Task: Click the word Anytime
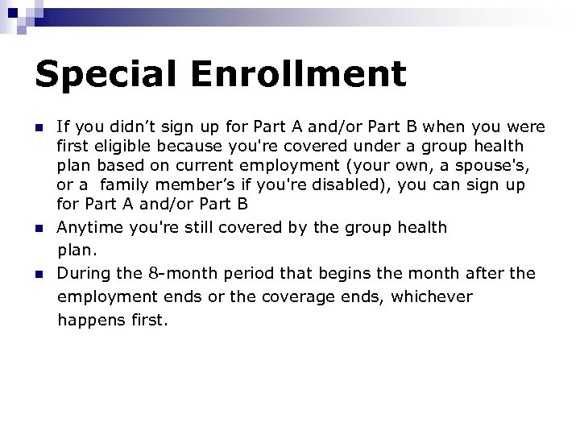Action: (88, 227)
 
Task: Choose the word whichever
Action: (433, 297)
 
